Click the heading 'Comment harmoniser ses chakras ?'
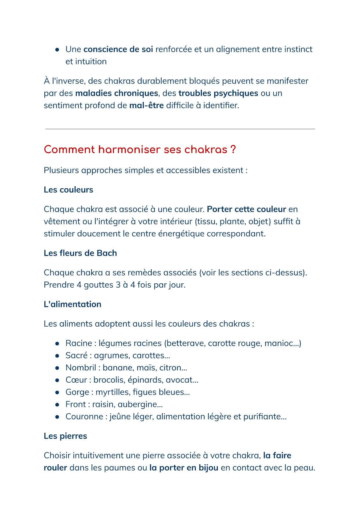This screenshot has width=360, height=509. click(x=140, y=150)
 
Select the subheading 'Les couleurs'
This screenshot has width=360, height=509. click(x=68, y=190)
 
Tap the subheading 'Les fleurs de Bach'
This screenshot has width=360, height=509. click(x=80, y=253)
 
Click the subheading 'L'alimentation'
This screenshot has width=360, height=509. click(x=73, y=304)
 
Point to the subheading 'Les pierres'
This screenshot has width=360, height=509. click(x=65, y=436)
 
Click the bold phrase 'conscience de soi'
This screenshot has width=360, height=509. click(x=118, y=49)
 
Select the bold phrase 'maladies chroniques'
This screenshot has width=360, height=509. click(x=117, y=93)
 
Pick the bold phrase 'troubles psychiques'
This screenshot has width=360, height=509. click(x=218, y=93)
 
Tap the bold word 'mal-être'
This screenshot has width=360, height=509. click(x=146, y=105)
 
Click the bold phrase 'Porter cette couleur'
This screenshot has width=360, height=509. click(x=247, y=209)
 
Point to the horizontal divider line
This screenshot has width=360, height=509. click(x=180, y=129)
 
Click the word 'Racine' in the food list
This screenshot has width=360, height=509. click(x=79, y=343)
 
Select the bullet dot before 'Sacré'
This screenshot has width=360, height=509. click(x=57, y=356)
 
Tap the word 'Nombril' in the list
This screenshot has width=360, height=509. click(x=81, y=367)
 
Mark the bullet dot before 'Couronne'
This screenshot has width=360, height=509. click(x=57, y=417)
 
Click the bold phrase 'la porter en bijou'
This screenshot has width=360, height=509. click(x=184, y=468)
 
